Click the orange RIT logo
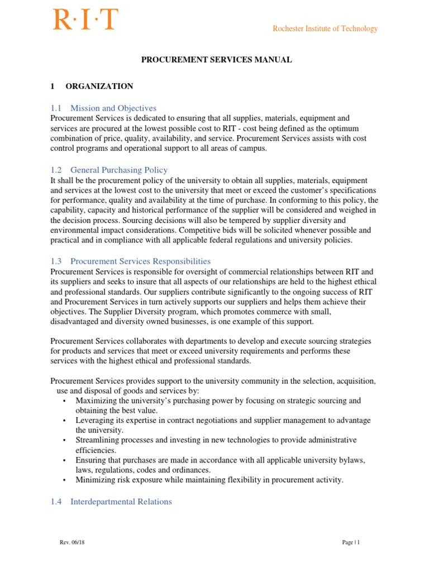coord(85,20)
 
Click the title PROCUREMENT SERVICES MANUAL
coord(216,60)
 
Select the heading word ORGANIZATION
coord(99,86)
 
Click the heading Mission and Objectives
coord(113,108)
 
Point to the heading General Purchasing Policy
coord(119,170)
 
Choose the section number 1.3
coord(56,261)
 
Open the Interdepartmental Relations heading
coord(121,502)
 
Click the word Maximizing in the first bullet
coord(98,401)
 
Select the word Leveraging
coord(96,420)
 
